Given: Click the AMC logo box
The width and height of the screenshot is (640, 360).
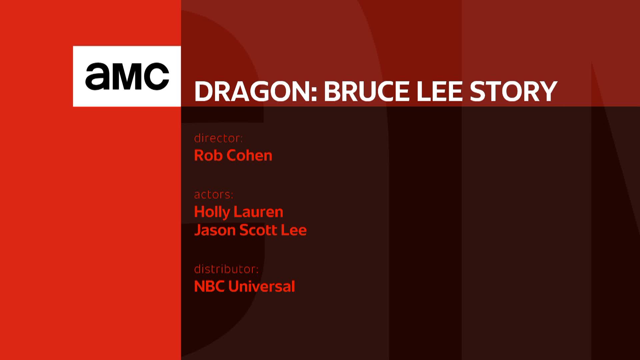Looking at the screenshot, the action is [127, 76].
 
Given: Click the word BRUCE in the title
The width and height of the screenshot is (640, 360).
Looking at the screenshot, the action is [366, 91].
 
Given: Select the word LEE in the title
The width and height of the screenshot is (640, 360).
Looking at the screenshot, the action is [440, 91].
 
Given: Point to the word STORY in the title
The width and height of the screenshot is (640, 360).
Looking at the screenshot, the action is [513, 91].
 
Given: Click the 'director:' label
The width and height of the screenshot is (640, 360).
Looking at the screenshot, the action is [218, 138].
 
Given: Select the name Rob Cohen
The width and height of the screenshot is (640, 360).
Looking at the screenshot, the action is [233, 155].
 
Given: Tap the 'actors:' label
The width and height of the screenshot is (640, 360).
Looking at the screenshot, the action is [214, 194].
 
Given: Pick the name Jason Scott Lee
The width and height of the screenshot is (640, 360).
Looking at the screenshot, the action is [250, 230].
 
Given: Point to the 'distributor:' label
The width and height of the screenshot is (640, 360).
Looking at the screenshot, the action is [226, 269].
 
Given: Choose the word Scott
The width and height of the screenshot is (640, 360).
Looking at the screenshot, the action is [258, 230].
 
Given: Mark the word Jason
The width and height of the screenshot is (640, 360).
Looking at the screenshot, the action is [215, 230].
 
